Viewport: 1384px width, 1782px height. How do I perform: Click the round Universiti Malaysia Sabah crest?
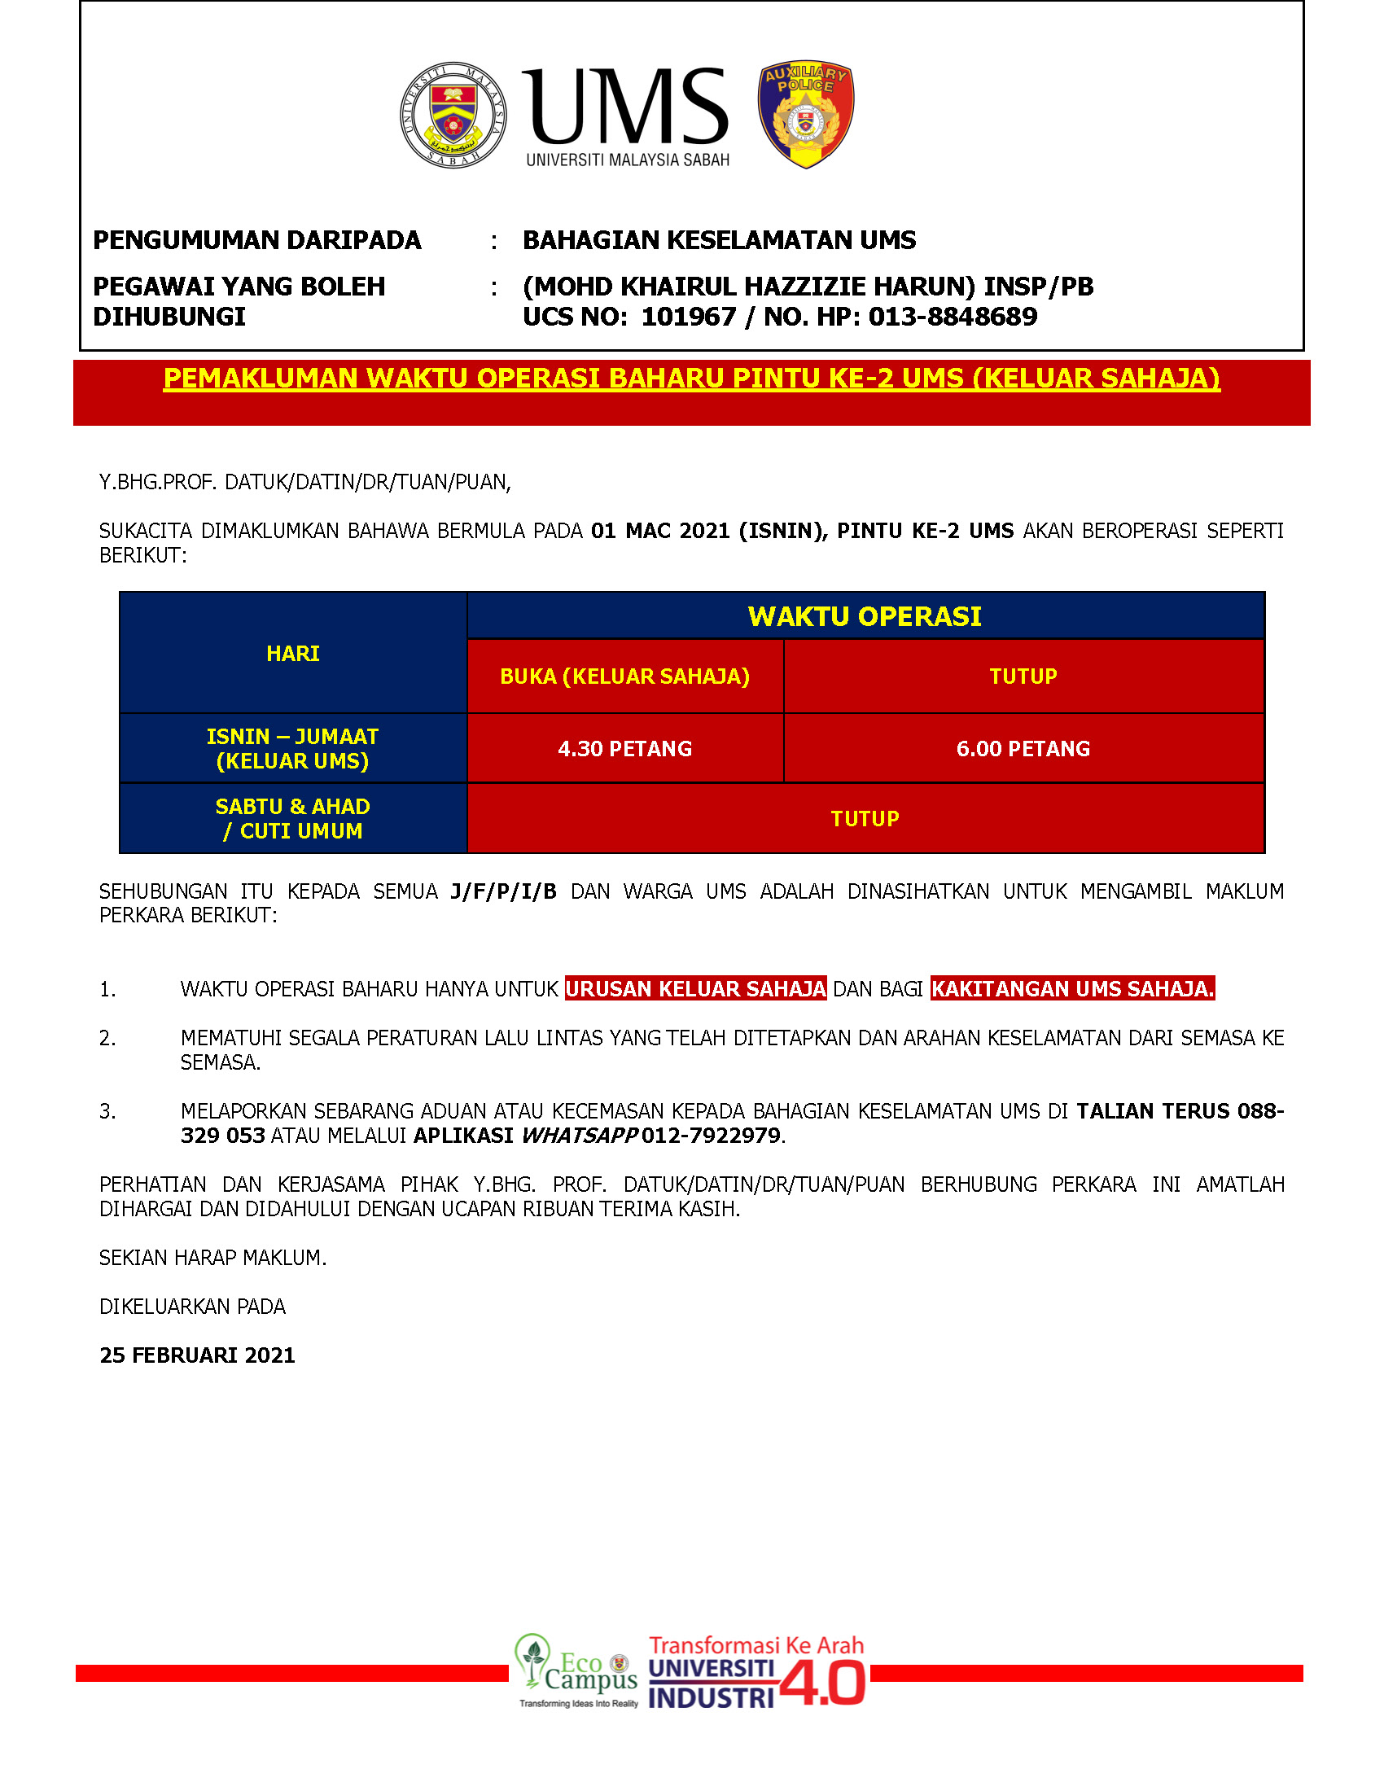pos(453,115)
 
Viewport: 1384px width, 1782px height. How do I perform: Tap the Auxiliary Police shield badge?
pos(805,114)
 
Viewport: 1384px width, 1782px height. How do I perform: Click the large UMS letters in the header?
pos(627,106)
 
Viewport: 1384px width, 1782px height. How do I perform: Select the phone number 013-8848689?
pos(953,317)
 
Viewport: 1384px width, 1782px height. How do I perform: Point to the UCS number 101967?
pos(688,317)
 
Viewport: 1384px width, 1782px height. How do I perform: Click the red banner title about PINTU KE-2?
pos(691,379)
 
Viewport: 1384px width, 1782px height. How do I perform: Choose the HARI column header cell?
pos(292,654)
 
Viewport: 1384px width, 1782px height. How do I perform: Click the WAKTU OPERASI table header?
pos(864,616)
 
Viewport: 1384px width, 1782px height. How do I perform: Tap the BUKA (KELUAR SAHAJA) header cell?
pos(624,676)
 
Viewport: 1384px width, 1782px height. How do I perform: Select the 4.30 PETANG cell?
pos(624,749)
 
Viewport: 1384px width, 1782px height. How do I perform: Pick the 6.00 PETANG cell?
pos(1023,749)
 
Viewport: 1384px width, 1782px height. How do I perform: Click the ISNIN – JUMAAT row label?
pos(292,748)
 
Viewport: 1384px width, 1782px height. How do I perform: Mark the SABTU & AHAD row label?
pos(292,818)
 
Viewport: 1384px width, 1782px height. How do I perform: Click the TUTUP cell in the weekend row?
pos(864,818)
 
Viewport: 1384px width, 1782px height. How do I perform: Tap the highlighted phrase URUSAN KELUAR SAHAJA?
pos(695,989)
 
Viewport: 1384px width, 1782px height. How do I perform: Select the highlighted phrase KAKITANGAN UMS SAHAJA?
pos(1072,989)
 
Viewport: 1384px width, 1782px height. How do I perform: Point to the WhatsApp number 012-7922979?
pos(711,1136)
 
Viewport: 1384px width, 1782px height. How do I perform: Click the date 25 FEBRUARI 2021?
pos(197,1355)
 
